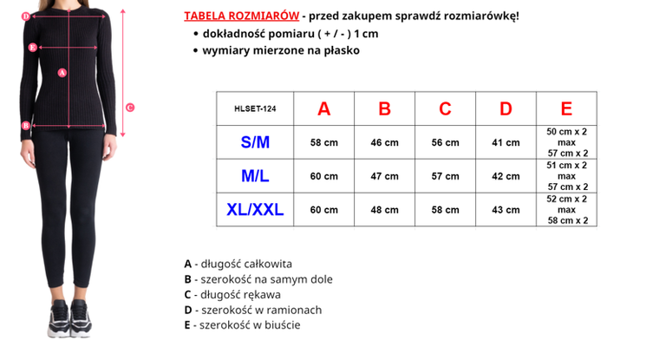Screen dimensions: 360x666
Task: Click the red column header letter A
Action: tap(323, 108)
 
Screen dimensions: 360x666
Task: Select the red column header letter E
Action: tap(566, 108)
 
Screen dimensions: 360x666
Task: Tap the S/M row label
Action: tap(255, 142)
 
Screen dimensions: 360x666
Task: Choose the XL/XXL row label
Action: tap(255, 209)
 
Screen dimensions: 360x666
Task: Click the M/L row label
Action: tap(255, 176)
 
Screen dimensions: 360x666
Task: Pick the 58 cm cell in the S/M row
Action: tap(323, 142)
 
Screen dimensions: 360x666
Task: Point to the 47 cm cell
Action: tap(384, 176)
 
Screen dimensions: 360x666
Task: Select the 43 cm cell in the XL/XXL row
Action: tap(506, 209)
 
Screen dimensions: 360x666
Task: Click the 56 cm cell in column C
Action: tap(445, 142)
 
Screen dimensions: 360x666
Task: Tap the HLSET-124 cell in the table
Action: tap(255, 108)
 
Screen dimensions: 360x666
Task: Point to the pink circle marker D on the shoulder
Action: tap(26, 16)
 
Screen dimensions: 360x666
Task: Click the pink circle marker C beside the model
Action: tap(130, 108)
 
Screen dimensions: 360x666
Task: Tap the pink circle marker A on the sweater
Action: tap(62, 73)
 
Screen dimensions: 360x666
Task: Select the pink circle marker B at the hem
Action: tap(26, 125)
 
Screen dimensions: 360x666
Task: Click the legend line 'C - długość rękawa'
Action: tap(232, 294)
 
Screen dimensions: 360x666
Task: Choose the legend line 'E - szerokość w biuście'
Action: tap(242, 324)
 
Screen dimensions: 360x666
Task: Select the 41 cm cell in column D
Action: tap(506, 142)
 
